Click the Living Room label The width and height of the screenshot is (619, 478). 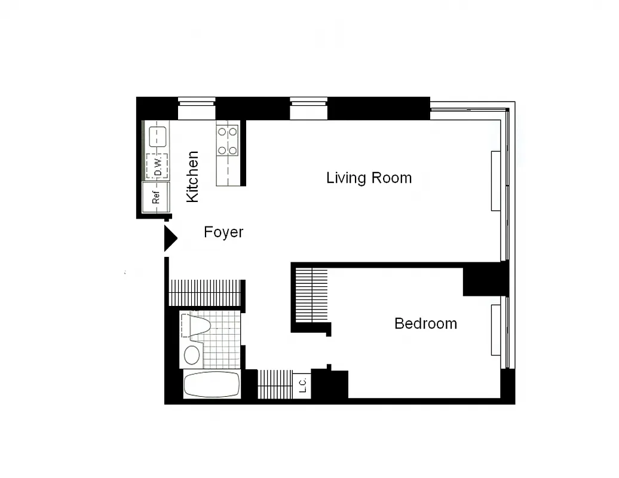pyautogui.click(x=369, y=178)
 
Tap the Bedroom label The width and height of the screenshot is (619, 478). pyautogui.click(x=425, y=324)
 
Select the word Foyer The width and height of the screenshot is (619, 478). pyautogui.click(x=223, y=232)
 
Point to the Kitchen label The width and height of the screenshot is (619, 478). pyautogui.click(x=192, y=177)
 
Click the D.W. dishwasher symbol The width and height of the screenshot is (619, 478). pyautogui.click(x=157, y=166)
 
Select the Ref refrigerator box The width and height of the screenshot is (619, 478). pyautogui.click(x=156, y=198)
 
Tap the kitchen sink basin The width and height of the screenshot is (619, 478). pyautogui.click(x=157, y=135)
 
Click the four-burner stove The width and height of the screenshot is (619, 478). pyautogui.click(x=228, y=140)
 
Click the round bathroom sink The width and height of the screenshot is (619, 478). pyautogui.click(x=192, y=355)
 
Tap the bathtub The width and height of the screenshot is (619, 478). pyautogui.click(x=212, y=384)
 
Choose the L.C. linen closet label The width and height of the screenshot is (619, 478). pyautogui.click(x=302, y=385)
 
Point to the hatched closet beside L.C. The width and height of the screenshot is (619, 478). pyautogui.click(x=275, y=384)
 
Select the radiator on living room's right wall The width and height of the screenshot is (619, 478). pyautogui.click(x=495, y=180)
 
